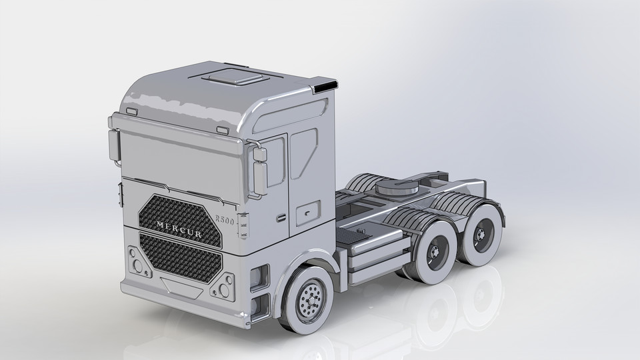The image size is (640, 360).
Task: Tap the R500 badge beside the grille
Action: [x=225, y=220]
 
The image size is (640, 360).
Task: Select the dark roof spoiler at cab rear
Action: [x=326, y=86]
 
